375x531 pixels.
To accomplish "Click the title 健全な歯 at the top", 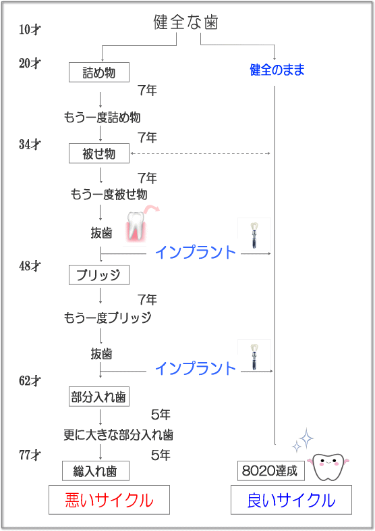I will coord(185,23).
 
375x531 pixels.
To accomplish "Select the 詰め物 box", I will coord(98,72).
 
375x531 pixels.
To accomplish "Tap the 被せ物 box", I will coord(98,153).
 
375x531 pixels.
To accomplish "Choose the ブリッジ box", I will coord(98,274).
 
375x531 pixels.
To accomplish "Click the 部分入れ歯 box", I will coord(98,397).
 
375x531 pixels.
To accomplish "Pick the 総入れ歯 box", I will coord(95,470).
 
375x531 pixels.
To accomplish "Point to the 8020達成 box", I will coord(267,470).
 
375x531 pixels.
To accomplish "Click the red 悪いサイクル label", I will coord(109,500).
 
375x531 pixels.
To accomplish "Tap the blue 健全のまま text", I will coord(277,70).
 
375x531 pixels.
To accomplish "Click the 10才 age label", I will coord(30,30).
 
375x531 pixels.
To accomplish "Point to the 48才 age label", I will coord(30,265).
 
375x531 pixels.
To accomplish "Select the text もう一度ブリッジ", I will coord(107,318).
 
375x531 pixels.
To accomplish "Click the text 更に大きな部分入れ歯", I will coord(119,434).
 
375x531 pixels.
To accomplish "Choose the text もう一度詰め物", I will coord(102,118).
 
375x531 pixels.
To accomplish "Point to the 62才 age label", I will coord(30,380).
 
